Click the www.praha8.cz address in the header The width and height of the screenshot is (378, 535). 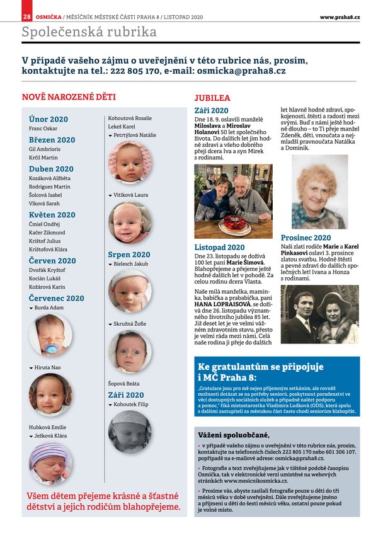340,16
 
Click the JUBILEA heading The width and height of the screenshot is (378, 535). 212,98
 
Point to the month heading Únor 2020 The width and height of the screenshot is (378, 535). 49,118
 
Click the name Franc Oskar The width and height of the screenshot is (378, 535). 43,129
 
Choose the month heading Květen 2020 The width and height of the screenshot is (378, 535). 52,215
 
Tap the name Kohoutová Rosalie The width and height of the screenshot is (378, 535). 130,118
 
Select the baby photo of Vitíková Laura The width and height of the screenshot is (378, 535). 130,222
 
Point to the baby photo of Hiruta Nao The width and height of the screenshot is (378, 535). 50,394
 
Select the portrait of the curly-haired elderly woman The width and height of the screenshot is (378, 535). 319,193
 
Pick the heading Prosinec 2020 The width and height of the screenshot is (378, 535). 306,238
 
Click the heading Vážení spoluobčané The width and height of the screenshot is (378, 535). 234,435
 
